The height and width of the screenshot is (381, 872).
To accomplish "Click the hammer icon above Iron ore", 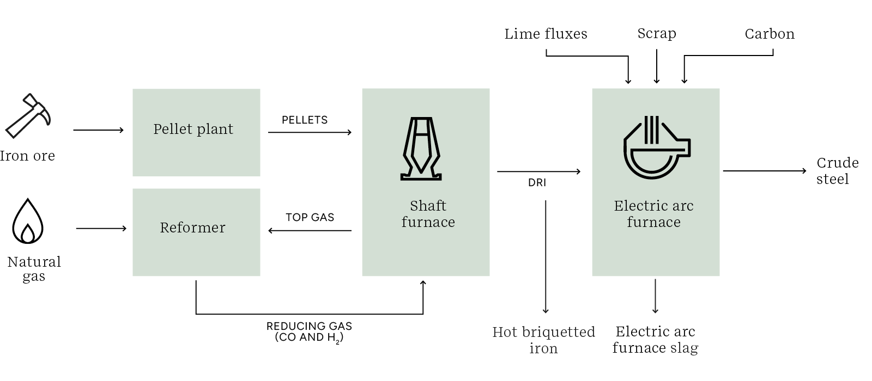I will tap(28, 116).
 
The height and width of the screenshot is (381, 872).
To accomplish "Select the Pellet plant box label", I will tap(193, 129).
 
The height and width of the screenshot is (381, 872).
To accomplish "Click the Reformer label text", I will tap(192, 228).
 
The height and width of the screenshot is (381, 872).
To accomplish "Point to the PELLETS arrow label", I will tap(305, 120).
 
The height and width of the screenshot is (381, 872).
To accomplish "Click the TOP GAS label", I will tap(310, 217).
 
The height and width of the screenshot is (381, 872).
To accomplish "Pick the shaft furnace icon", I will tap(421, 149).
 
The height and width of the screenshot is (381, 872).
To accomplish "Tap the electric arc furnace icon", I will tap(656, 148).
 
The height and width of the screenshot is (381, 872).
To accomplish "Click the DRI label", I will tap(537, 183).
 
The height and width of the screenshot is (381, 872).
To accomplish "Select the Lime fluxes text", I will tap(546, 34).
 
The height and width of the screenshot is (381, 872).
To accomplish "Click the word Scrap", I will tap(657, 34).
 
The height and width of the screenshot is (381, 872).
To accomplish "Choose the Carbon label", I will tap(770, 34).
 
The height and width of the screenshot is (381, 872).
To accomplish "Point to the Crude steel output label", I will tap(837, 171).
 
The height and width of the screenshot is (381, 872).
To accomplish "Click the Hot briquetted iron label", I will tap(543, 340).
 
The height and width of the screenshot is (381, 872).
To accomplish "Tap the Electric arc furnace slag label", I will tap(655, 340).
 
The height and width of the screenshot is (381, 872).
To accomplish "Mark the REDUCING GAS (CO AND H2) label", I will tap(309, 331).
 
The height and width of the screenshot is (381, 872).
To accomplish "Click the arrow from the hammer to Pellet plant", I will tap(98, 130).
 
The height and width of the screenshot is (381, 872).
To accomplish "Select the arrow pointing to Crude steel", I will tap(764, 171).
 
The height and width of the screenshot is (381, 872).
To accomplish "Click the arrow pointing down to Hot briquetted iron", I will tap(546, 256).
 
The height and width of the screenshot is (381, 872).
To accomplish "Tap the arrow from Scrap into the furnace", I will tap(657, 66).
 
